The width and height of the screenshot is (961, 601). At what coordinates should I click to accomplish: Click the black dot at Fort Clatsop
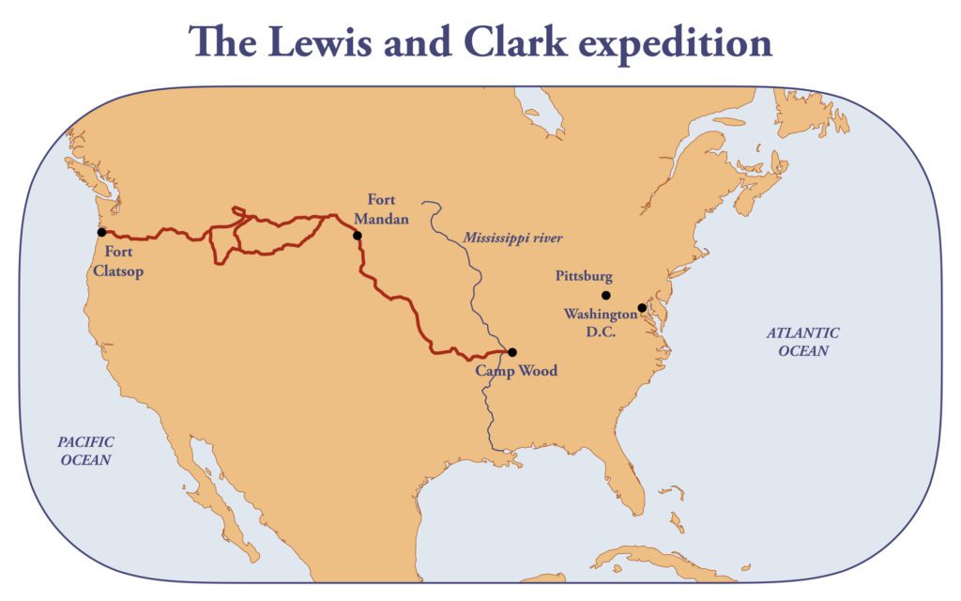(x=101, y=232)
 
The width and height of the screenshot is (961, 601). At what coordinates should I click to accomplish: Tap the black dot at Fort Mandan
(x=357, y=236)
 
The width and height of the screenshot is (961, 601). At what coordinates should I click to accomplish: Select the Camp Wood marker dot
(x=511, y=352)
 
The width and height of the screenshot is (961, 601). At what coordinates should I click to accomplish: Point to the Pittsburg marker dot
(x=605, y=295)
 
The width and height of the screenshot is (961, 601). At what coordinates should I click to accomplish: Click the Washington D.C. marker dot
(x=642, y=308)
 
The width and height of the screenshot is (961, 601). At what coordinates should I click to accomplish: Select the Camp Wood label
(x=515, y=371)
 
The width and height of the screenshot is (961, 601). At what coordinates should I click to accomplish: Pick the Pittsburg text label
(x=584, y=277)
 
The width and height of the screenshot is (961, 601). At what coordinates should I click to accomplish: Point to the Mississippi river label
(x=512, y=238)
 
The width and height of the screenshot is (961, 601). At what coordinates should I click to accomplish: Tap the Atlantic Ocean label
(x=802, y=342)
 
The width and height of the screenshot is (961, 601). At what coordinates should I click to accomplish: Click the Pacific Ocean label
(x=86, y=451)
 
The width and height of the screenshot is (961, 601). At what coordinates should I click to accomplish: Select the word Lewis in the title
(x=327, y=43)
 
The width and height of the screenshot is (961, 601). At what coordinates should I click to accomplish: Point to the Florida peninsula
(x=630, y=478)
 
